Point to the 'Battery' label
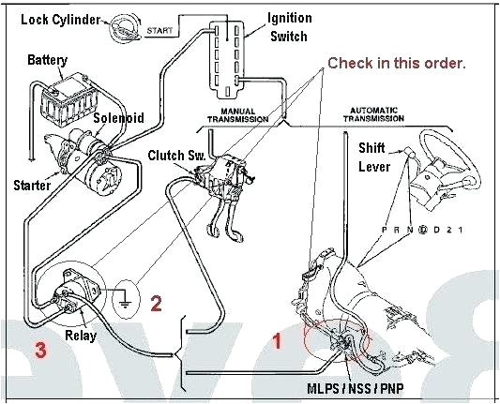coord(47,60)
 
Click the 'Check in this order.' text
coord(396,63)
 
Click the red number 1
coord(277,341)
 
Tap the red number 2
coord(157,303)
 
